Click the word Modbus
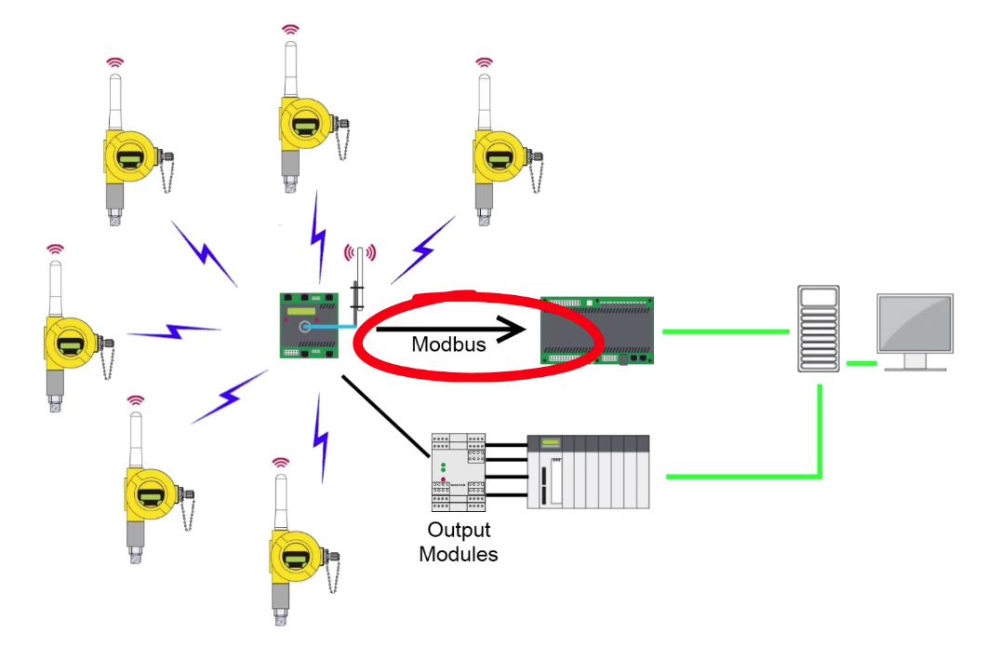448,344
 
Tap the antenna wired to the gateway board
357,284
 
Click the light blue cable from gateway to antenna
335,327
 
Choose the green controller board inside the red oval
596,330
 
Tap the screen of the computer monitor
914,323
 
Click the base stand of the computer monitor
914,366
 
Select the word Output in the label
458,531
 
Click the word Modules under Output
458,555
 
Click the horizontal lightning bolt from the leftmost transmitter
174,330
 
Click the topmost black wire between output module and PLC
507,445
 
